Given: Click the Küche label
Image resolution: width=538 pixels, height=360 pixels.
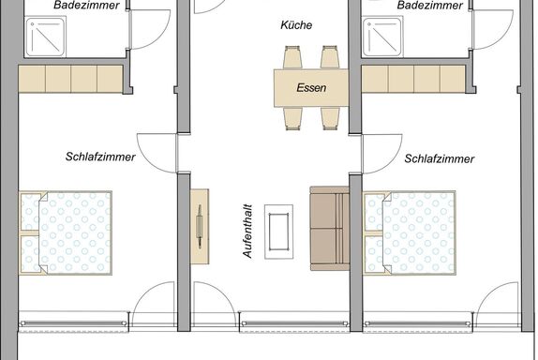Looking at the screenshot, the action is (296, 25).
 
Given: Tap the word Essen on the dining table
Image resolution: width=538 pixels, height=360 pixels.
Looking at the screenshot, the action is (311, 88).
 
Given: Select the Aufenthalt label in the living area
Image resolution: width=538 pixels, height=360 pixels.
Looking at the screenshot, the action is (247, 232).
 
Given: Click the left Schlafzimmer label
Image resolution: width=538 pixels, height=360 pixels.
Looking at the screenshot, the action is (100, 157).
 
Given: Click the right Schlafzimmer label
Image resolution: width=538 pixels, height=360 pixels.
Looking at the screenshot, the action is (440, 158).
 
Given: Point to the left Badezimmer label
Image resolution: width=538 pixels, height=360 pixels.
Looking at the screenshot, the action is (86, 5).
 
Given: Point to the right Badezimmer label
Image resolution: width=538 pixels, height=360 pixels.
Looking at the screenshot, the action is (430, 5).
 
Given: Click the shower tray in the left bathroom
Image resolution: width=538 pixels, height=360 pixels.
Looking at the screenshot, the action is (45, 37).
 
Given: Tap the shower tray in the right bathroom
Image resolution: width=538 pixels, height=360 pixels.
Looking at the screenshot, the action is (382, 37).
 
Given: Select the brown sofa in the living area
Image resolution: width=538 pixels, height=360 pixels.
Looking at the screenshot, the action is (330, 229).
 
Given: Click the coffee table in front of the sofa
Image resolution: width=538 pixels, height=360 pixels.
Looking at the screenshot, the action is (278, 232).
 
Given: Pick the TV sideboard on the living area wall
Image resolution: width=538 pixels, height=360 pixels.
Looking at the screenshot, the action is (200, 227).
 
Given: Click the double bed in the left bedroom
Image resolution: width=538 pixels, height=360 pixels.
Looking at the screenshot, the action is (66, 233).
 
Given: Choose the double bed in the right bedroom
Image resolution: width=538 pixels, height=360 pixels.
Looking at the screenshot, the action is (410, 233).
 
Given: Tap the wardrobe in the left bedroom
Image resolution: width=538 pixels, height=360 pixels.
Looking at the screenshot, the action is (70, 79).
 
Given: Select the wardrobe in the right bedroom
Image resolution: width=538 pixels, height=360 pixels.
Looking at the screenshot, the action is (413, 79).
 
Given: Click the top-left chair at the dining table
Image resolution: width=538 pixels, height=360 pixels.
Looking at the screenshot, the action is (292, 57).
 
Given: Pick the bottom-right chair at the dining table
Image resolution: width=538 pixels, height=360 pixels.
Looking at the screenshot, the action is (330, 118).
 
